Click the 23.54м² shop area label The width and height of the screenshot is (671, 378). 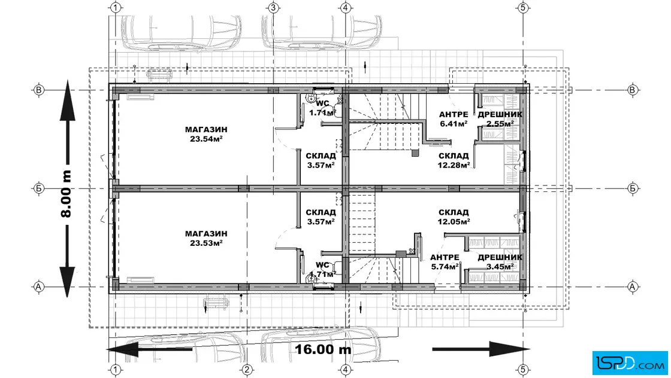coord(206,139)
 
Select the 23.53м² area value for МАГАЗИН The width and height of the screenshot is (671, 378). coord(206,243)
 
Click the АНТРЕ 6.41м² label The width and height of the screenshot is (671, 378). coord(454,119)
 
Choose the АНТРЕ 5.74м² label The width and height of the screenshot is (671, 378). coord(445,262)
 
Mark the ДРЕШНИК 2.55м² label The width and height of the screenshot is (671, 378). coord(500,119)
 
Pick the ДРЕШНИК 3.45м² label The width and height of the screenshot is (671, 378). coord(500,262)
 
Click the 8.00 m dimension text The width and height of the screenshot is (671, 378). coord(67,194)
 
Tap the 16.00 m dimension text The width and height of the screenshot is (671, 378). coord(323,349)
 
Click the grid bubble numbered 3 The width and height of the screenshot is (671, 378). coord(273,8)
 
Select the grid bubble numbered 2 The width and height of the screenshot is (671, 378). coord(246,370)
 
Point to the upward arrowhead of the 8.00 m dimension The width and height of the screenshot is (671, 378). coord(67,102)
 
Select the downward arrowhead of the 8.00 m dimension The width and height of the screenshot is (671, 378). coord(67,281)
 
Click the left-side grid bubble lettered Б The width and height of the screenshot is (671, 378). coord(38,188)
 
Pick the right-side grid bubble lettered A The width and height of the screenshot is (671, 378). coord(633,286)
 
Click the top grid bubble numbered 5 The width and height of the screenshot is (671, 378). coord(523,8)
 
